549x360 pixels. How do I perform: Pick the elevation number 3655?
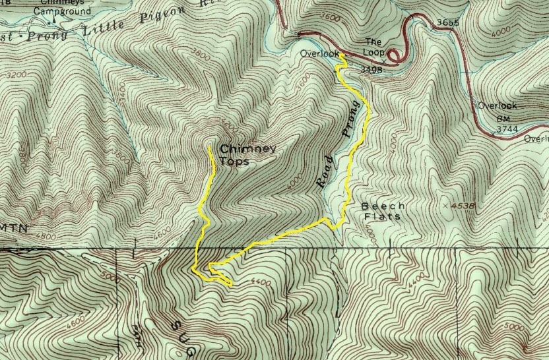(x=447, y=22)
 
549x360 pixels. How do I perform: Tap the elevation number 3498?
(x=372, y=68)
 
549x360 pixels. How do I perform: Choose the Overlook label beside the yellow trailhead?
(x=314, y=53)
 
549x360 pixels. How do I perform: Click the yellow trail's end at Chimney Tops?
(x=210, y=146)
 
